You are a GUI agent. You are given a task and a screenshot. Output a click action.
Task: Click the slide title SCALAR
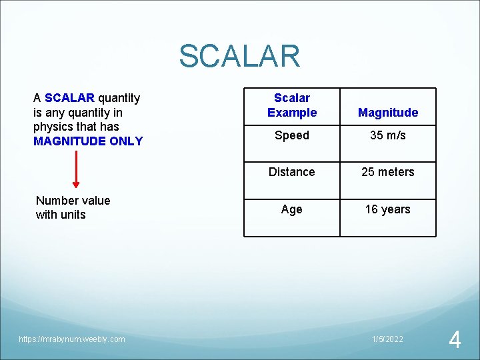click(239, 56)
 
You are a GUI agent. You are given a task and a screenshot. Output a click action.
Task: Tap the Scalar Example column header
click(292, 105)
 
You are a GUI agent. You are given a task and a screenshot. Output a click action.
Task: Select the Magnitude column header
click(388, 113)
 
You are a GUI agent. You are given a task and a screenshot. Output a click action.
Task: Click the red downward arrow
click(76, 169)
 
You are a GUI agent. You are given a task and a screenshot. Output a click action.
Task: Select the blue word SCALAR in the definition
click(69, 98)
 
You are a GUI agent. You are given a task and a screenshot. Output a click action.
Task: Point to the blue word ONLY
click(127, 141)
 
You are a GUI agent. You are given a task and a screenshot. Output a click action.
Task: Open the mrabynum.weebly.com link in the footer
click(72, 339)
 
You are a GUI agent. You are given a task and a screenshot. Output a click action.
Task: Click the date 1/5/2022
click(387, 339)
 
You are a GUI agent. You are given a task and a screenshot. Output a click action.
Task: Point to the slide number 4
click(455, 339)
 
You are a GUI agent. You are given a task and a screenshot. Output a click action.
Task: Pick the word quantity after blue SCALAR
click(119, 99)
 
